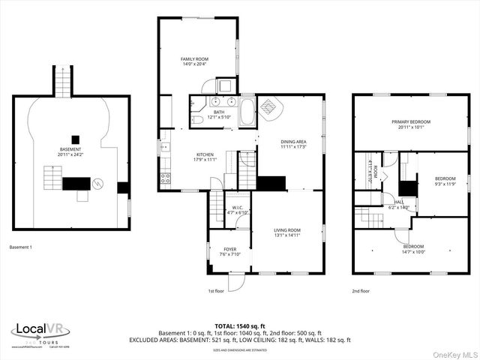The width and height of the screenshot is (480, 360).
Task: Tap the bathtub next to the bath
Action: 247,112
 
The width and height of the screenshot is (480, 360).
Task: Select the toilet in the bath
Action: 195,119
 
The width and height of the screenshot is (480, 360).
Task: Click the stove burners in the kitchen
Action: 165,178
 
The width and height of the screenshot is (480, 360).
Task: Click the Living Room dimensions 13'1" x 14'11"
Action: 286,235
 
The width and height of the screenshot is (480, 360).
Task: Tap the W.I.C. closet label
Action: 238,208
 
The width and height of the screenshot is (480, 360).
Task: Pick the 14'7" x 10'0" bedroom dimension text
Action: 412,252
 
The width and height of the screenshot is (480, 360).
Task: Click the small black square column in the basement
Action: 75,139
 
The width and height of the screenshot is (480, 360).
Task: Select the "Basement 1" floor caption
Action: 21,247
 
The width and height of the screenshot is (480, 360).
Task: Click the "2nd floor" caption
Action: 361,291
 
